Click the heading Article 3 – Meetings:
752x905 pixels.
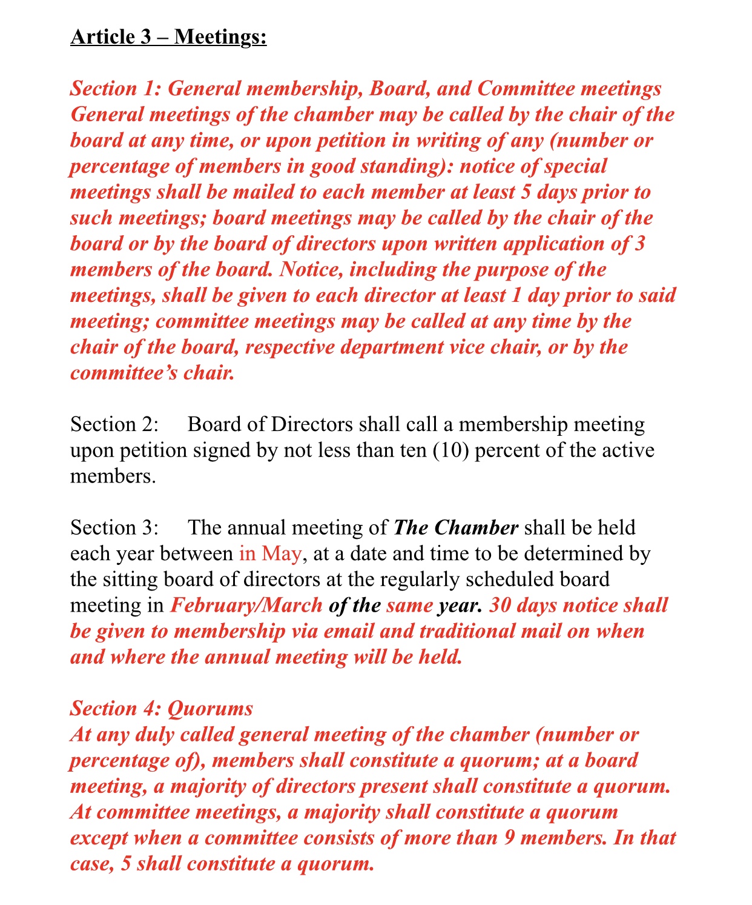168,37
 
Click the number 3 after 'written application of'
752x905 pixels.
640,244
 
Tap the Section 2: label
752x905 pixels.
114,424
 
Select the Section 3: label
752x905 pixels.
114,527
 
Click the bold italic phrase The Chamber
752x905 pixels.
455,527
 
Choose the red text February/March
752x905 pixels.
246,605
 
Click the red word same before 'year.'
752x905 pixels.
409,605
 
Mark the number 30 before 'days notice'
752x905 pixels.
500,605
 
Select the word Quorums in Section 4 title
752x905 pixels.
210,708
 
